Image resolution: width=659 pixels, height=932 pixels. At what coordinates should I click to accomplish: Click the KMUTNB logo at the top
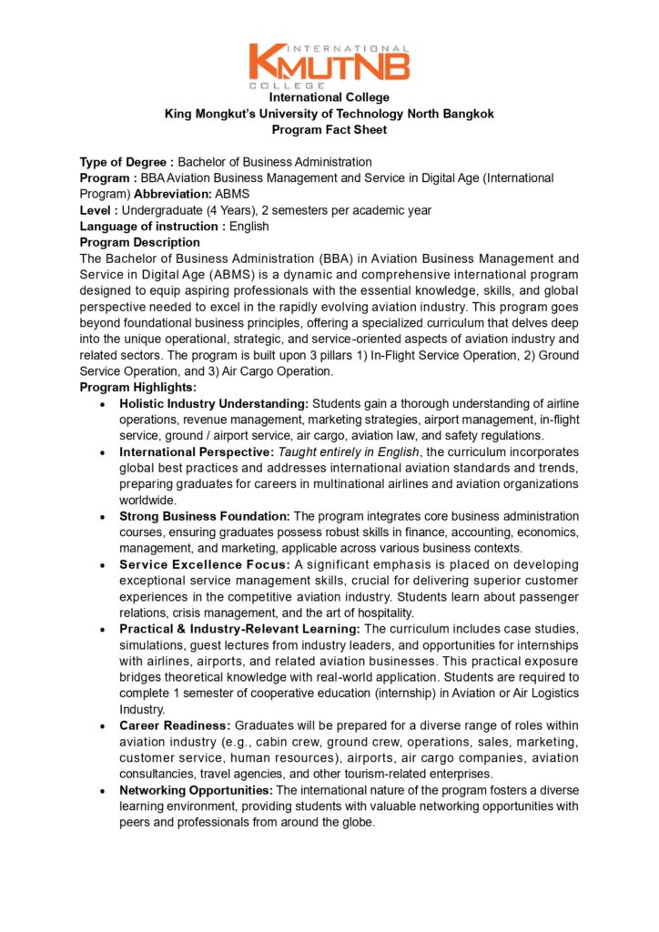point(329,65)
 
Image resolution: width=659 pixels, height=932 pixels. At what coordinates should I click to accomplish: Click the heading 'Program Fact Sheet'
point(329,130)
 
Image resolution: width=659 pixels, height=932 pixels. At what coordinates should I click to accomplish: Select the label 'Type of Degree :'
point(127,162)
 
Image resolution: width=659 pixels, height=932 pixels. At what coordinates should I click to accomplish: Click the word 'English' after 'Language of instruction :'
point(249,227)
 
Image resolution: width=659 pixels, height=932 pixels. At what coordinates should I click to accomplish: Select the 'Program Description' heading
point(139,242)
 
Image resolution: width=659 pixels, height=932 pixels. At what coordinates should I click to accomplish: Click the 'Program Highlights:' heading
point(137,388)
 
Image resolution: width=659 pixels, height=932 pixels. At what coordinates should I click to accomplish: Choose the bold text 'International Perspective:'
point(197,452)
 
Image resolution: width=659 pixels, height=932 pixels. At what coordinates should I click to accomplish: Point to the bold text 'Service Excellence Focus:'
point(205,565)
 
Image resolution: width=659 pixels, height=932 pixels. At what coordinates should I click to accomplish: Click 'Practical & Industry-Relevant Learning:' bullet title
point(239,630)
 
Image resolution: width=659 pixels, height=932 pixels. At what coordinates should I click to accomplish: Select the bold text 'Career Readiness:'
point(175,726)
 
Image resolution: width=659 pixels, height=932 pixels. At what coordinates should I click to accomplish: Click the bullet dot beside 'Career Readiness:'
point(106,726)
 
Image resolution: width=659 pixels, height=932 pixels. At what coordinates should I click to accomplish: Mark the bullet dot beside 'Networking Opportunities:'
point(106,791)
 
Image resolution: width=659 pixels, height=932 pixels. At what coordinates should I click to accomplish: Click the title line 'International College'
point(329,97)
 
